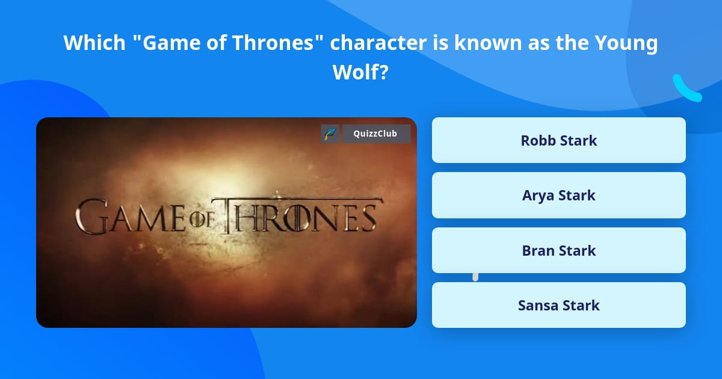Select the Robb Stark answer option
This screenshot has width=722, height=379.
(558, 140)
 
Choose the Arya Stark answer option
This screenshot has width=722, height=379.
(558, 195)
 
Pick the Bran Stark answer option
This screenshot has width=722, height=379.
(558, 250)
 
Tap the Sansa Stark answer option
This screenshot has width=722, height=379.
(558, 305)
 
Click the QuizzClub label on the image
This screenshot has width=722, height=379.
(376, 134)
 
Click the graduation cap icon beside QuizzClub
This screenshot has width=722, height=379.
(330, 134)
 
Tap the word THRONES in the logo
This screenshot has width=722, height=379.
(301, 215)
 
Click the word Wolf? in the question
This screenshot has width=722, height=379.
(360, 72)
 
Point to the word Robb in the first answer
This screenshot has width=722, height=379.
(537, 140)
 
